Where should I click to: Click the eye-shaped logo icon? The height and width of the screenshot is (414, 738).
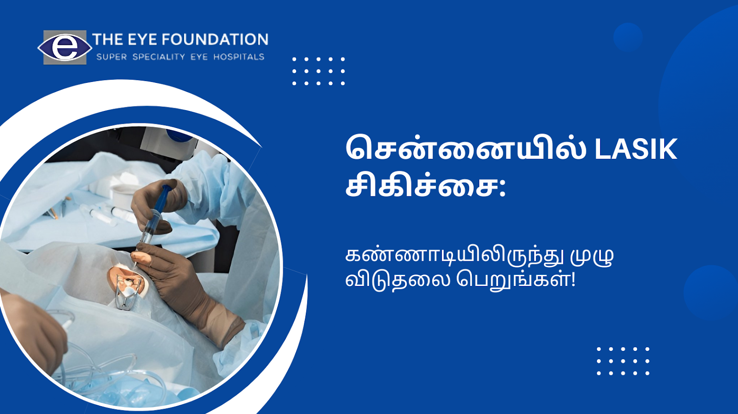65,47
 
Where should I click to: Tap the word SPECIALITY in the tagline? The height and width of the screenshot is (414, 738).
159,57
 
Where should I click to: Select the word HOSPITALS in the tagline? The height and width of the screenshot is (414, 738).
239,57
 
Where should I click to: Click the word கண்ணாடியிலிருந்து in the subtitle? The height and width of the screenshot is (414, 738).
453,257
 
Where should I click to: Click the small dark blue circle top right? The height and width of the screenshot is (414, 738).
628,37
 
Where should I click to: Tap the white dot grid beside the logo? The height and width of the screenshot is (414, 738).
318,71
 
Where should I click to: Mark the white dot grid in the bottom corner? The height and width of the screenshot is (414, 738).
623,361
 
